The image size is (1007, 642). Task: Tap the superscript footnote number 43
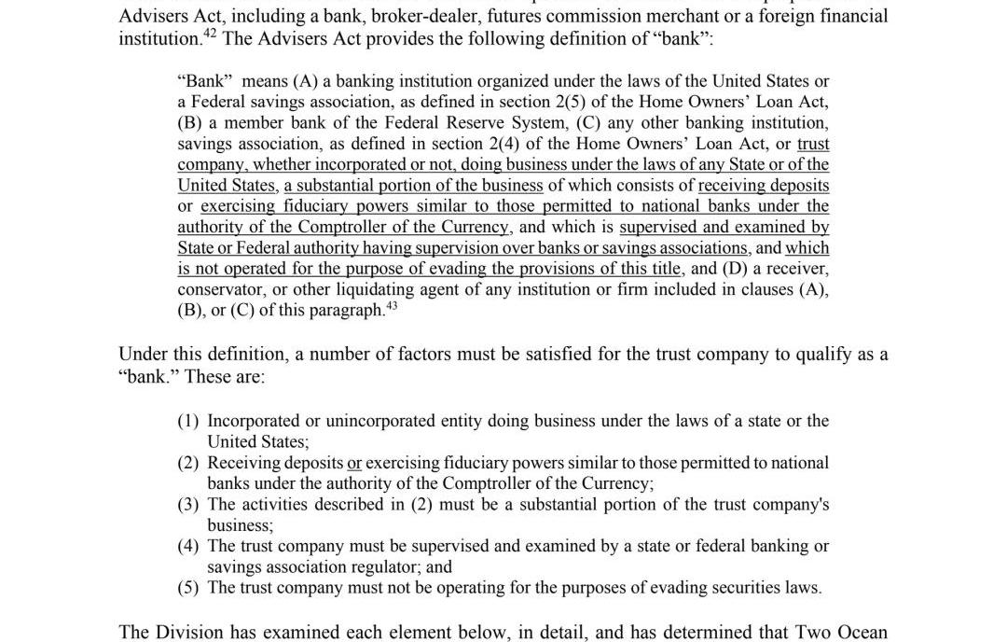click(x=391, y=304)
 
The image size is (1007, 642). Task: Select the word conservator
click(x=220, y=289)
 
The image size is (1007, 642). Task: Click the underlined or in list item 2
click(x=354, y=463)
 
